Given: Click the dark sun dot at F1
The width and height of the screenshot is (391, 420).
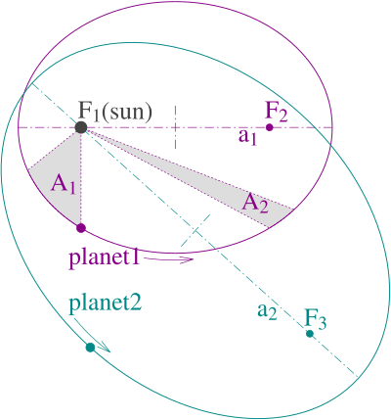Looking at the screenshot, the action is coord(81,127).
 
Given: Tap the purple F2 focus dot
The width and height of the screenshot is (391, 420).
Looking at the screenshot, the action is coord(269,127).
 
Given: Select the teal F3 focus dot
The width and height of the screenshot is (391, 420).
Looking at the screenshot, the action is coord(310,334).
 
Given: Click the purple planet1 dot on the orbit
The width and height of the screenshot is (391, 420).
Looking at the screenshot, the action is coord(81,228).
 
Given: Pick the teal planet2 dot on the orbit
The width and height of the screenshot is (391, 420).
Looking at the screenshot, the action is coord(90,348).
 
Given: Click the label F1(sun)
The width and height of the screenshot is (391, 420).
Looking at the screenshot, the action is coord(115,112).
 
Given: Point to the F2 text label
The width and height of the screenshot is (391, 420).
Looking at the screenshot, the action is coord(277,113).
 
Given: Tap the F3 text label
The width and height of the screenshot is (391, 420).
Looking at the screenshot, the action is coord(316,319).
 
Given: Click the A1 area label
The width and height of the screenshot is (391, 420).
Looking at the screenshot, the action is coord(63,186).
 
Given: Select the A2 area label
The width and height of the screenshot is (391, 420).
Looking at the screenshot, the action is coord(255,205).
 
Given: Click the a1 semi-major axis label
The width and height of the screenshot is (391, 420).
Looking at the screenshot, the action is coord(247,137).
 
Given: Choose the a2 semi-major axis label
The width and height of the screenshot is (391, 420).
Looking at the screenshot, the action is coord(267,311).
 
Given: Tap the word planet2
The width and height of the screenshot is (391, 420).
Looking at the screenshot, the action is coord(105,303).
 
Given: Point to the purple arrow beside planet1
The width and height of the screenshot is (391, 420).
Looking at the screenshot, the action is coord(168,259).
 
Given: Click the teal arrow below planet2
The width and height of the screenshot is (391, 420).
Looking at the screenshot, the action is coord(92,336).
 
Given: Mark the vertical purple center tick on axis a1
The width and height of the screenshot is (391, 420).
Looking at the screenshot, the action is coord(176,127).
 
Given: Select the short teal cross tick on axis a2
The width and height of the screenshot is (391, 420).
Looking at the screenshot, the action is coord(195,230).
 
